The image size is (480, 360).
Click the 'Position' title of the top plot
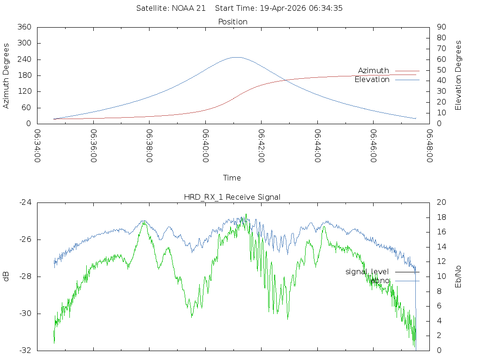click(x=233, y=22)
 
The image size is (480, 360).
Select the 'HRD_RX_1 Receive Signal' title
click(x=232, y=197)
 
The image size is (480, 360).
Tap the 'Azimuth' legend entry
click(x=373, y=70)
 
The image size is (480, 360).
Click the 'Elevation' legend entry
click(x=372, y=80)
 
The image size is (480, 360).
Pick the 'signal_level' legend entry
click(x=367, y=271)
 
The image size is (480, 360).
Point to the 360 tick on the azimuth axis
click(x=24, y=27)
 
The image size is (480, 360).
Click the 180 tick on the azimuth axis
click(x=24, y=75)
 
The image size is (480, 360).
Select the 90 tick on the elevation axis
click(x=441, y=27)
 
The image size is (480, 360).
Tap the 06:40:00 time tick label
click(x=206, y=146)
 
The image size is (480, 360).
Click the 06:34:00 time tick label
click(x=37, y=146)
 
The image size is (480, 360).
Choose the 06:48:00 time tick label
click(x=429, y=146)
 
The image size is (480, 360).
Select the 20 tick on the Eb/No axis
click(x=441, y=202)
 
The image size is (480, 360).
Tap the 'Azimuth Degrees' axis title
click(x=7, y=75)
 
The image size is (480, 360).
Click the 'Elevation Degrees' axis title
click(x=458, y=75)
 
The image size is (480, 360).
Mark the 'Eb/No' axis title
click(x=458, y=276)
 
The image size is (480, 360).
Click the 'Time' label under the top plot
click(x=232, y=178)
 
